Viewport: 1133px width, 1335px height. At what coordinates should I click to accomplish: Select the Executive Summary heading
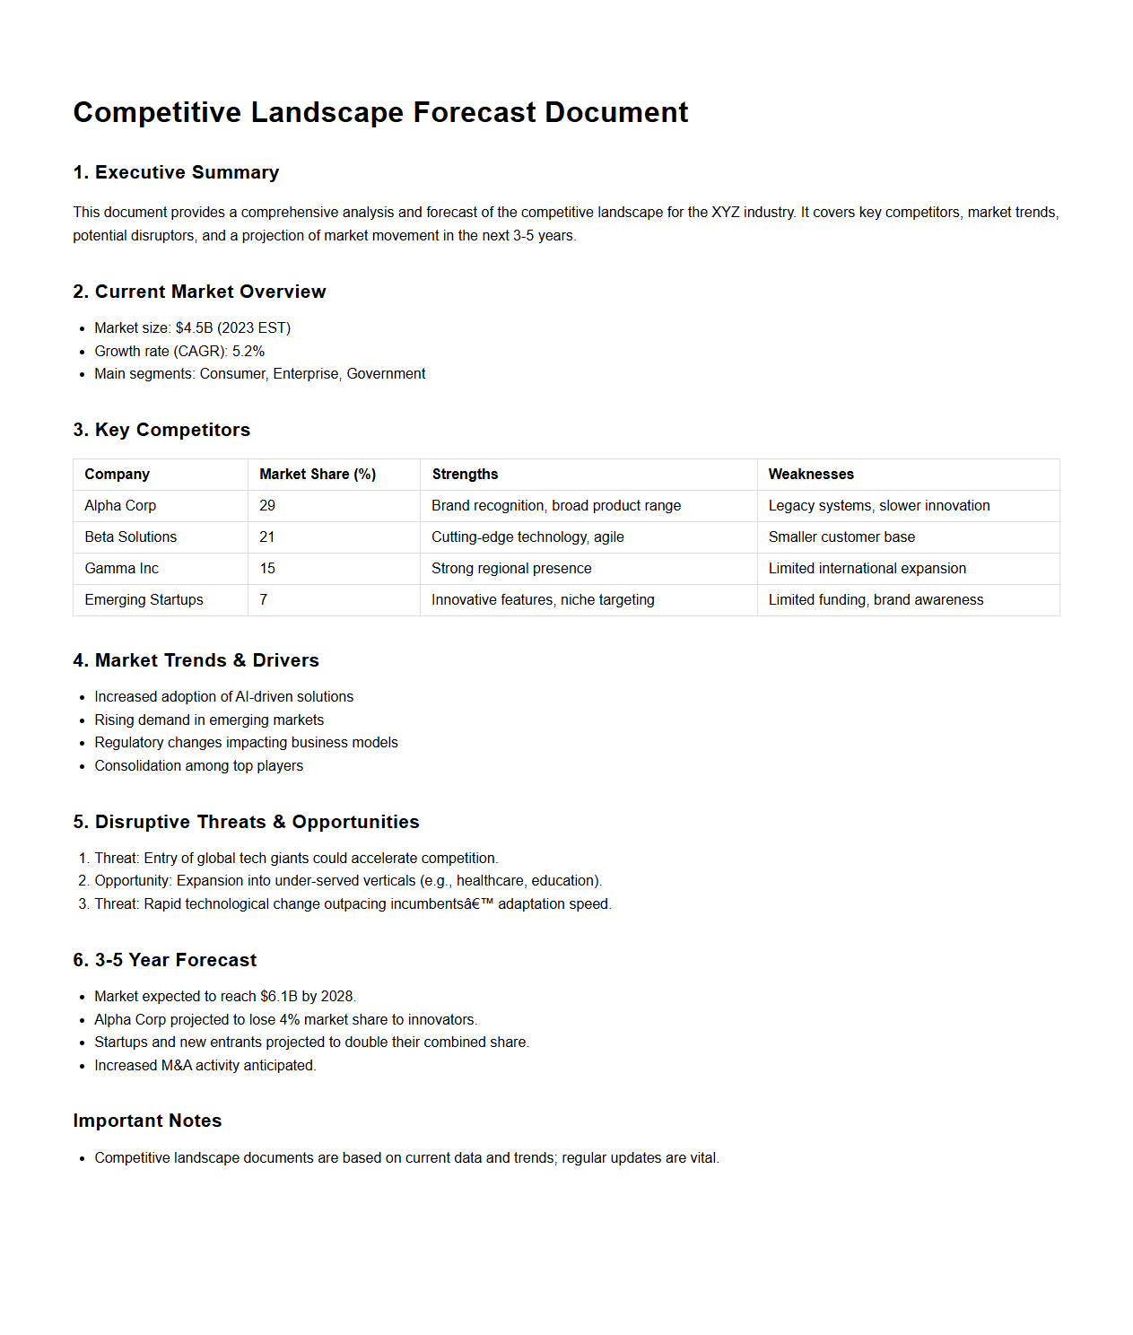click(x=187, y=172)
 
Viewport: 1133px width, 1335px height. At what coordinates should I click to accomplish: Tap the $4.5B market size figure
click(x=194, y=328)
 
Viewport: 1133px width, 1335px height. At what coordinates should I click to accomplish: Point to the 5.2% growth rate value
click(x=248, y=352)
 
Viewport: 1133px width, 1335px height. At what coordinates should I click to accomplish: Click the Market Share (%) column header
click(x=318, y=475)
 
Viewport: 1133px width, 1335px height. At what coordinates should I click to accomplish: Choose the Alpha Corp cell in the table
click(x=120, y=506)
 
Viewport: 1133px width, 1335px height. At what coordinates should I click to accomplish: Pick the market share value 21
click(x=267, y=537)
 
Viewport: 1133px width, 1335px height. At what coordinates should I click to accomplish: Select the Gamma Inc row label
click(x=121, y=569)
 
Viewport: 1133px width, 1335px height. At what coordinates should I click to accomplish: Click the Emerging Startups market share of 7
click(x=264, y=600)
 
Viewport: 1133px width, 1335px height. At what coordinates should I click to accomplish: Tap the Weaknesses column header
click(x=811, y=475)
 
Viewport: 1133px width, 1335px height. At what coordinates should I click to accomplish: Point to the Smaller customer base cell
click(x=841, y=537)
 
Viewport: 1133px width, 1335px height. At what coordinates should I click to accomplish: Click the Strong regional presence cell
click(x=511, y=569)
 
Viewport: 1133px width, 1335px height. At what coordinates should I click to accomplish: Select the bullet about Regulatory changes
click(x=246, y=743)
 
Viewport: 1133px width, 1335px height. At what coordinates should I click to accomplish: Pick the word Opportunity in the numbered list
click(x=132, y=881)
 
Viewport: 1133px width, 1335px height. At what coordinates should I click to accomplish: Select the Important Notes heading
click(x=147, y=1121)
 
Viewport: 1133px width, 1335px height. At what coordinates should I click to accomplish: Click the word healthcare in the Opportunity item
click(x=490, y=881)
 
